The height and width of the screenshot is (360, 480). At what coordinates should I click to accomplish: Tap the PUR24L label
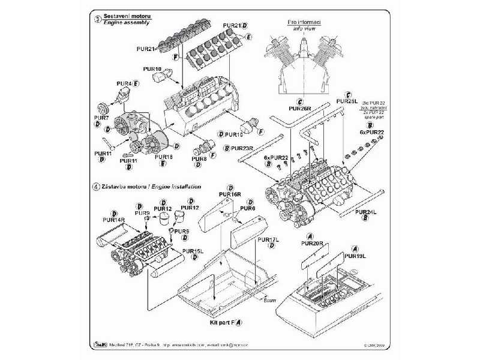365,212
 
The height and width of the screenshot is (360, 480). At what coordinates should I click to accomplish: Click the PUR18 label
164,157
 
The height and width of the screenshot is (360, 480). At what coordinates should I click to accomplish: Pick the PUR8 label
199,158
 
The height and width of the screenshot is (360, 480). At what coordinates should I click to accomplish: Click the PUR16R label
230,195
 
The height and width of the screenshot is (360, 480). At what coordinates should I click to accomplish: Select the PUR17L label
267,239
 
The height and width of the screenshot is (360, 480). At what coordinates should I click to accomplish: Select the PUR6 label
247,208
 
